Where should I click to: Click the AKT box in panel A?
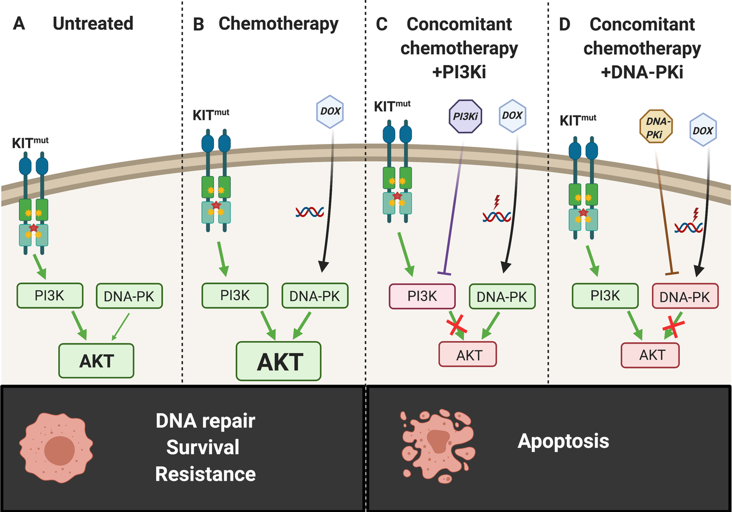point(96,361)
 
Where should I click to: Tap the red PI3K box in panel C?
point(423,296)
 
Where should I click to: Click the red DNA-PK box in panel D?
point(685,297)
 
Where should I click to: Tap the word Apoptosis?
point(563,441)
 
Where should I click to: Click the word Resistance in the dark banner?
point(205,474)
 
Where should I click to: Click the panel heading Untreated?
point(93,23)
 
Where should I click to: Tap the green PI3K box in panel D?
point(605,295)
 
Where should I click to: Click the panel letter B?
point(198,23)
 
